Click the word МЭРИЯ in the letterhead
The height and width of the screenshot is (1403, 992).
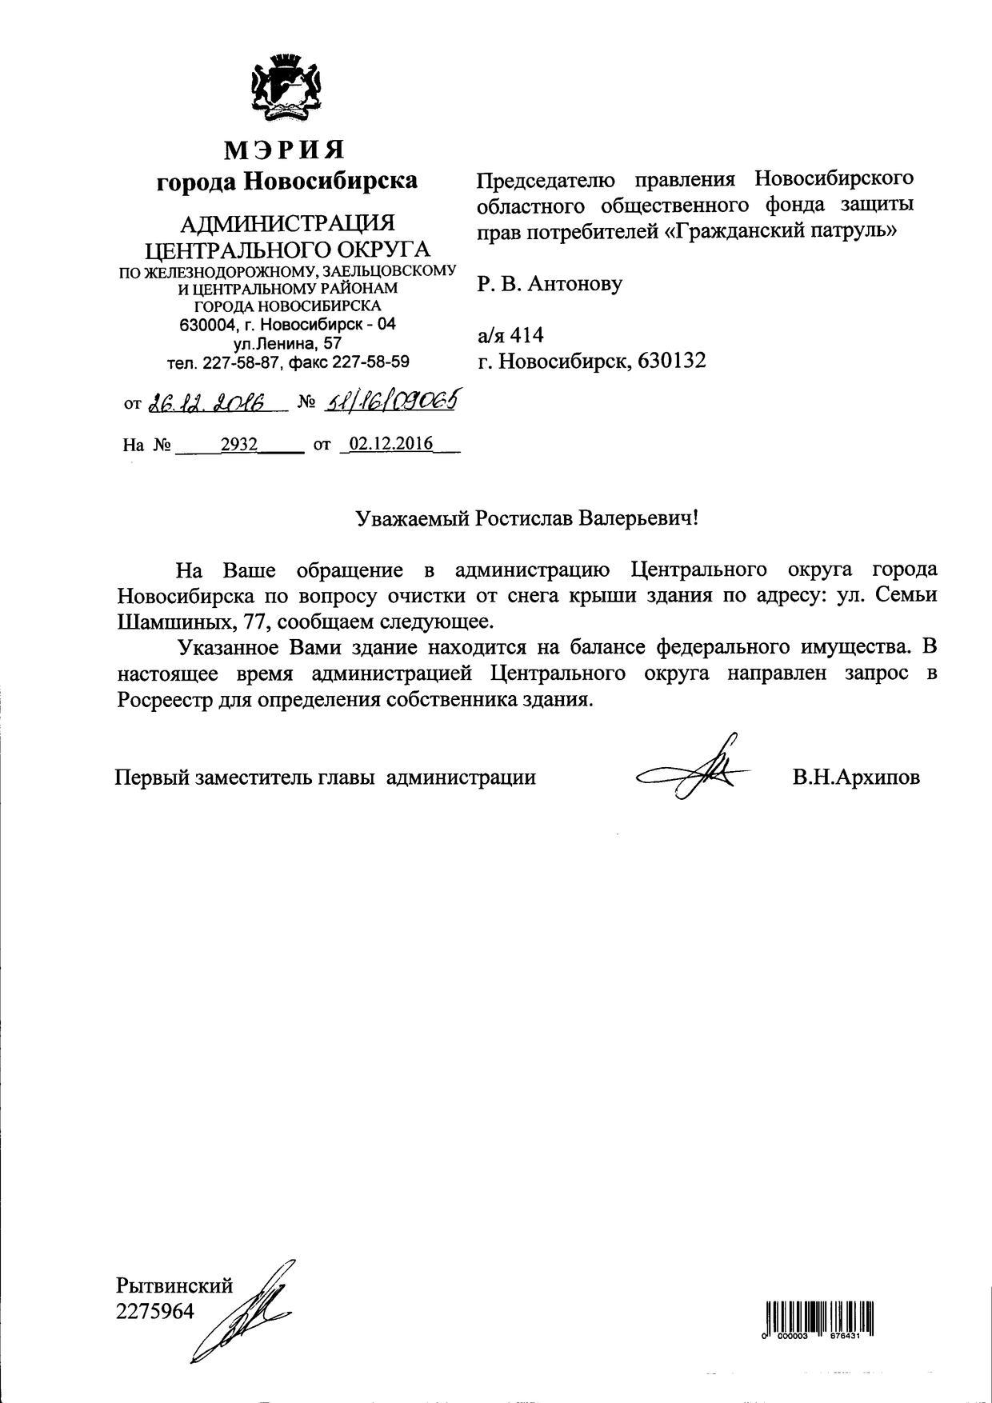pyautogui.click(x=285, y=150)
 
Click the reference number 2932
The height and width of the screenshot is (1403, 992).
pyautogui.click(x=238, y=444)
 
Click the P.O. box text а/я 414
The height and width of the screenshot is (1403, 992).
pyautogui.click(x=510, y=334)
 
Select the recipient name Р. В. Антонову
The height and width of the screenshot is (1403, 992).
pyautogui.click(x=550, y=283)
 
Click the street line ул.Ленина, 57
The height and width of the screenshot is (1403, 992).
pyautogui.click(x=287, y=343)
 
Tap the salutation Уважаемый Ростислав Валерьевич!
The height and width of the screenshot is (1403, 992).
pyautogui.click(x=527, y=518)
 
